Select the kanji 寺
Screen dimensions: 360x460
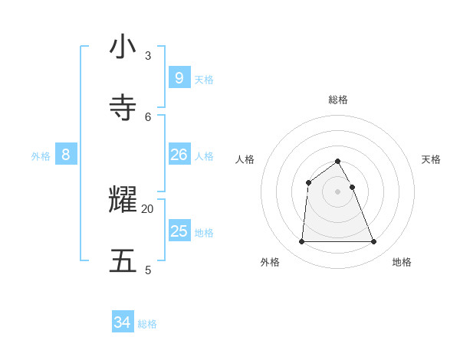(123, 108)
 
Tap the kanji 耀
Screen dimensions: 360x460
(123, 200)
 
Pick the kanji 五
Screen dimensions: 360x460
(123, 261)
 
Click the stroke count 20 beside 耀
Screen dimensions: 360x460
(148, 208)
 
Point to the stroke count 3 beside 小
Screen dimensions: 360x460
(148, 55)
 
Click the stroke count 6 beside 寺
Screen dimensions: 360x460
(148, 116)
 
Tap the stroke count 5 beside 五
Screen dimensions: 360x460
(148, 270)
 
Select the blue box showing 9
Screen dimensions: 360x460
(179, 77)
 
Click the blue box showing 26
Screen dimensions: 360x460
(179, 155)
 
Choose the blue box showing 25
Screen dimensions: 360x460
(179, 231)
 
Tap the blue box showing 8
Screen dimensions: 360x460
(66, 155)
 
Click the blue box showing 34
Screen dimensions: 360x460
(122, 322)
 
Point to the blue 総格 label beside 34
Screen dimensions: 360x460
(147, 324)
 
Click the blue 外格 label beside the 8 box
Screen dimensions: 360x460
(41, 156)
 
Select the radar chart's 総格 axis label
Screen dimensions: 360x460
(338, 100)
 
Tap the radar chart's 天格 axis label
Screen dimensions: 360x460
(431, 159)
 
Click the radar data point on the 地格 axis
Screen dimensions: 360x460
(374, 242)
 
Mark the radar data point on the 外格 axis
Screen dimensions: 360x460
(301, 242)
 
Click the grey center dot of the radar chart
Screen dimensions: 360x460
(338, 191)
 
